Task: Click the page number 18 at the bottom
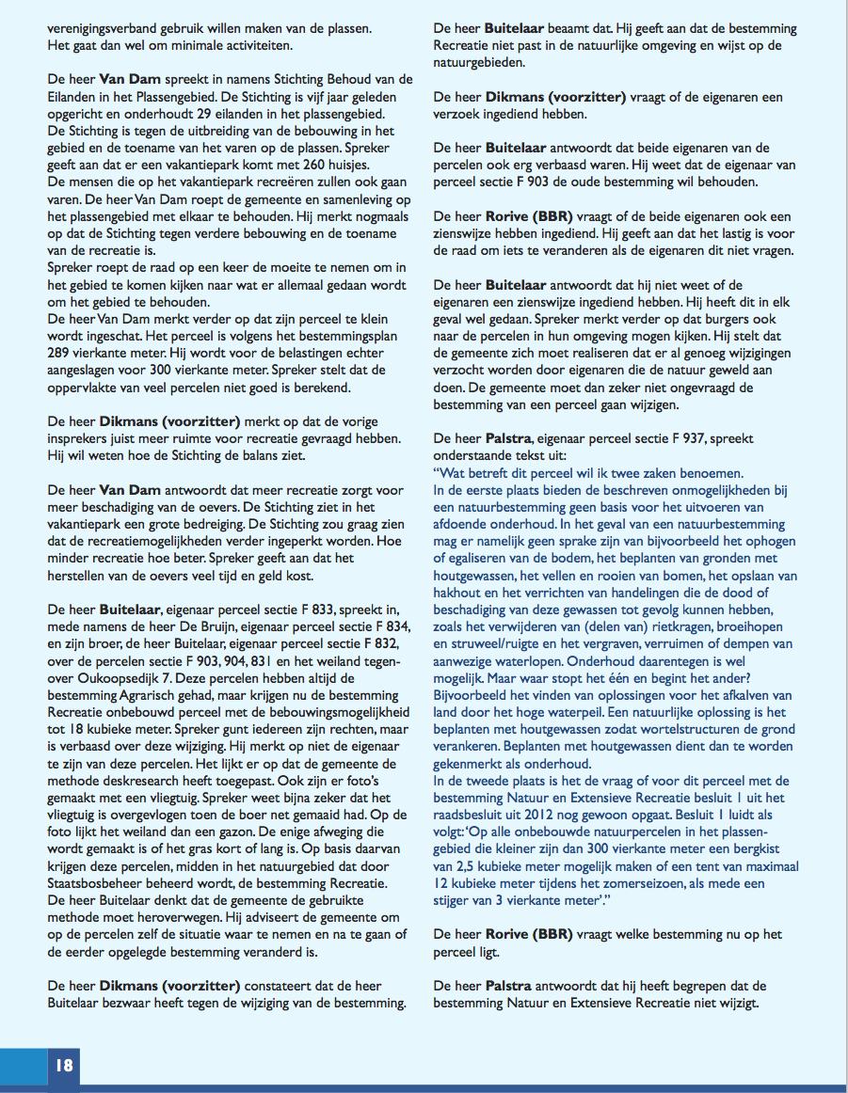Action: click(64, 1066)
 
